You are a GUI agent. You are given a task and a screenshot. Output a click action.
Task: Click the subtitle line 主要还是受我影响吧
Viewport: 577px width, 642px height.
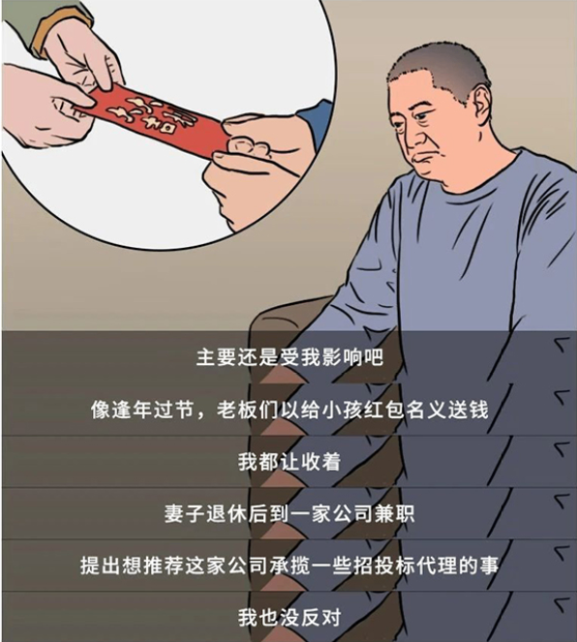pos(289,357)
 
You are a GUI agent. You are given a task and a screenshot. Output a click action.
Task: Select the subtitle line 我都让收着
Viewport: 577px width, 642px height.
pos(289,462)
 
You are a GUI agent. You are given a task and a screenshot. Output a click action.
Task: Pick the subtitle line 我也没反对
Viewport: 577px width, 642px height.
pos(289,617)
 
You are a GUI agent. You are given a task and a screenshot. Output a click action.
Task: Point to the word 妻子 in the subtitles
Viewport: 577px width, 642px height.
pos(185,513)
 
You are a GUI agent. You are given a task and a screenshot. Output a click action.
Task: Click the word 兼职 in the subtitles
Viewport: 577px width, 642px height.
pos(394,513)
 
